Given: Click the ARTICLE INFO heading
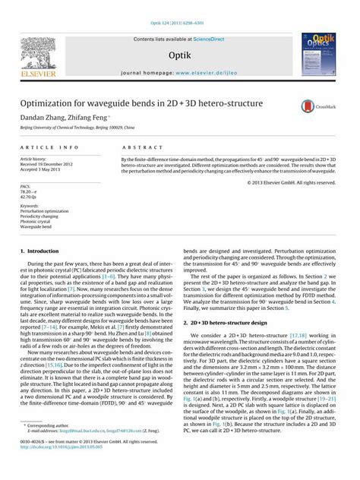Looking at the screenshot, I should (49, 146).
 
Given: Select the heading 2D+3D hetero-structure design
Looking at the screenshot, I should (227, 323).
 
